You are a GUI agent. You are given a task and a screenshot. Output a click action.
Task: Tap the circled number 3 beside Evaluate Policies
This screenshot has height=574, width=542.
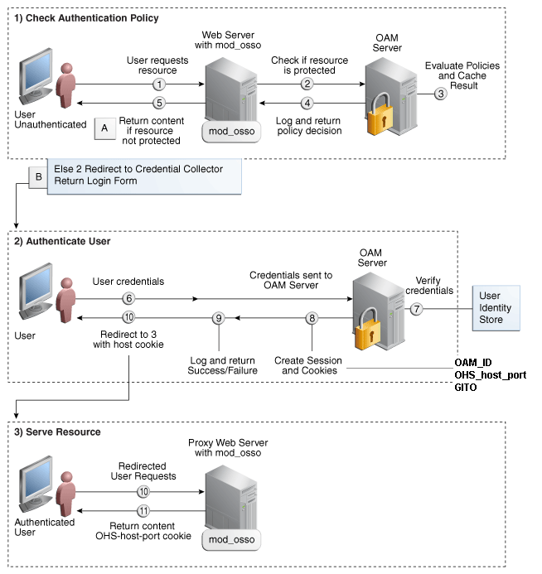click(x=441, y=94)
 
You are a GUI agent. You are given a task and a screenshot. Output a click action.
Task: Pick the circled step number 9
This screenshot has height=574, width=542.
click(x=218, y=318)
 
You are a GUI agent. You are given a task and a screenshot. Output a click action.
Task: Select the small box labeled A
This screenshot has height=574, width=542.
click(x=104, y=128)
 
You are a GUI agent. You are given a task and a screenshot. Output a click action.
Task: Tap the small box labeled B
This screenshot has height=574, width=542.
click(x=37, y=176)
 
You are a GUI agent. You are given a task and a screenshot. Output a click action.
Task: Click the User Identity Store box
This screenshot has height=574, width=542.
click(x=496, y=308)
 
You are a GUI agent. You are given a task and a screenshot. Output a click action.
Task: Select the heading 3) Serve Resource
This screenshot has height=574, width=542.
click(x=57, y=432)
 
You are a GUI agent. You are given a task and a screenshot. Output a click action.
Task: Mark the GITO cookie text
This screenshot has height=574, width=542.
click(x=467, y=387)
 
